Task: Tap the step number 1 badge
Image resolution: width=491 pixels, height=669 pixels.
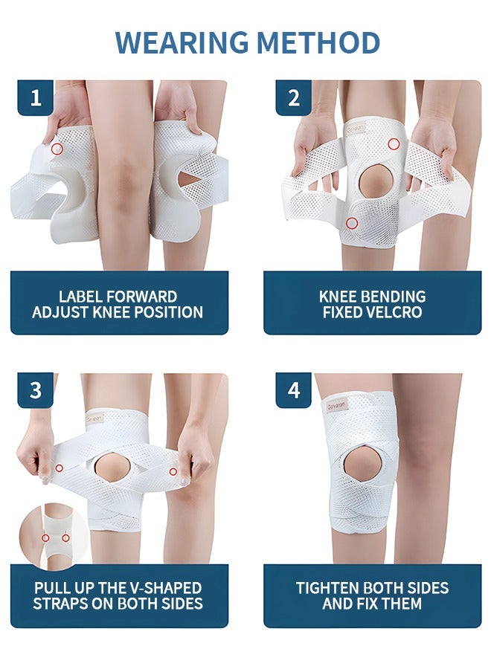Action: click(35, 97)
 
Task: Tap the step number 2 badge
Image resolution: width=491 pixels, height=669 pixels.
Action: click(293, 97)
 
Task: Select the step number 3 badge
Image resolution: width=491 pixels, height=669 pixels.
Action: click(35, 390)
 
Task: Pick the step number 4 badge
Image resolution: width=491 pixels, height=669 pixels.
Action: click(293, 390)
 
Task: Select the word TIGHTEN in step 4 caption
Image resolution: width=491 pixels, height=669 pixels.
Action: click(329, 588)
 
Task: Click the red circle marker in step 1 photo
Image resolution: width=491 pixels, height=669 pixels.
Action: click(57, 149)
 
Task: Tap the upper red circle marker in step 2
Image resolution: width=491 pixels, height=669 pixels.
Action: click(394, 143)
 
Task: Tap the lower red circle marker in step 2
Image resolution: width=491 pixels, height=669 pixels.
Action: click(353, 222)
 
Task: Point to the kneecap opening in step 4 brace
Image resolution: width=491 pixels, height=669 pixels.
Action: click(362, 466)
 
